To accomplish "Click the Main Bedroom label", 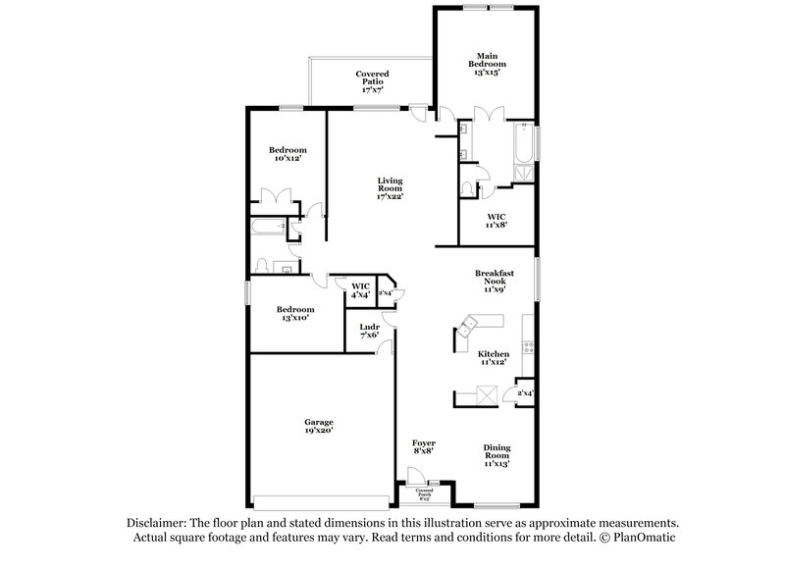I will click(488, 65).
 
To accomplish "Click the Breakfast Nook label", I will click(494, 282).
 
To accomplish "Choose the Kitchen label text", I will click(494, 358).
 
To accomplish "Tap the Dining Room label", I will click(497, 454).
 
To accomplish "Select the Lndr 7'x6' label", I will click(369, 331).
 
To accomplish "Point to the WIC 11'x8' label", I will click(497, 221).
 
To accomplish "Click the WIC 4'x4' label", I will click(360, 290).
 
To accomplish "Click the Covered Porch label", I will click(424, 492).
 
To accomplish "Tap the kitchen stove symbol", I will click(529, 345).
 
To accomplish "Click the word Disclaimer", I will click(157, 524).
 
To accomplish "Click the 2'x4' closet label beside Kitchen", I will click(524, 393).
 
